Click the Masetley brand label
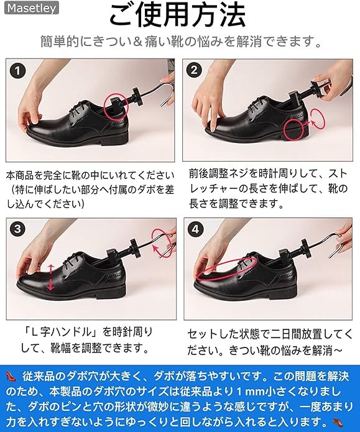[x=32, y=7]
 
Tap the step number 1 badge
[x=17, y=71]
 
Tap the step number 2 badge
[x=194, y=70]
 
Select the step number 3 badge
[x=17, y=229]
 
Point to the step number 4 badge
[x=195, y=229]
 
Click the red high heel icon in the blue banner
[x=11, y=376]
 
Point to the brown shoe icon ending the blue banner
[x=338, y=421]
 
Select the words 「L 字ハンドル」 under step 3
[x=61, y=332]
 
